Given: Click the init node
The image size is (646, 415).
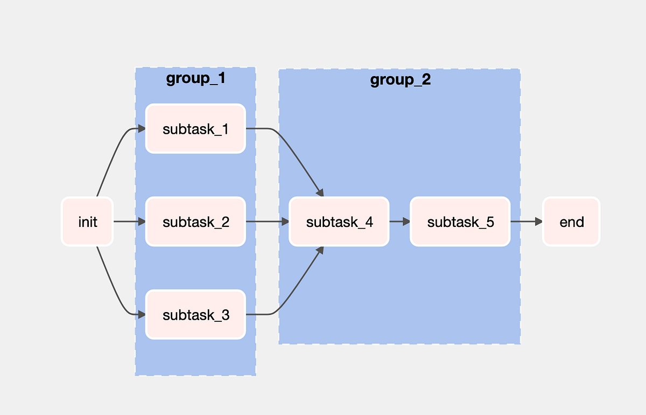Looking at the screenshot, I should coord(87,222).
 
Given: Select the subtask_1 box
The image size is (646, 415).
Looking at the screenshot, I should coord(195,129).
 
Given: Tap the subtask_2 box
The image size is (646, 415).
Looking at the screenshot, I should coord(195,222).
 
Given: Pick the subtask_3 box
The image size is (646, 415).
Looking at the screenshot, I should coord(195,315).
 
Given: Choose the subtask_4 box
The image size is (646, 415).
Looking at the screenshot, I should coord(339,222).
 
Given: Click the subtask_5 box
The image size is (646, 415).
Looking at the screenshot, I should coord(460,222).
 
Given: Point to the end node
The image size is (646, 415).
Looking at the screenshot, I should coord(571,222).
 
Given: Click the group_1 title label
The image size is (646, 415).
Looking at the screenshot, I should coord(195,79).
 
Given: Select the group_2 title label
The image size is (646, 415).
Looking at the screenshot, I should coord(401,80).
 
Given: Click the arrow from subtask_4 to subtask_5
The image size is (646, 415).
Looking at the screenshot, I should coord(399,222).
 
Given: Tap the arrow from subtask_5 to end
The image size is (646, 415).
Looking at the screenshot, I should coord(526,222).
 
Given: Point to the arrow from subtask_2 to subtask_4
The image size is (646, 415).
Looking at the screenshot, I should coord(267,222).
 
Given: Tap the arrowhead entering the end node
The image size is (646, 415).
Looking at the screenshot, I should coord(538,222).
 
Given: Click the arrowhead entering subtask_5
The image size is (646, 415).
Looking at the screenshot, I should coord(406,222).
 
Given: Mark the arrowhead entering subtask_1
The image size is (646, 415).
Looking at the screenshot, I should coord(142,129).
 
